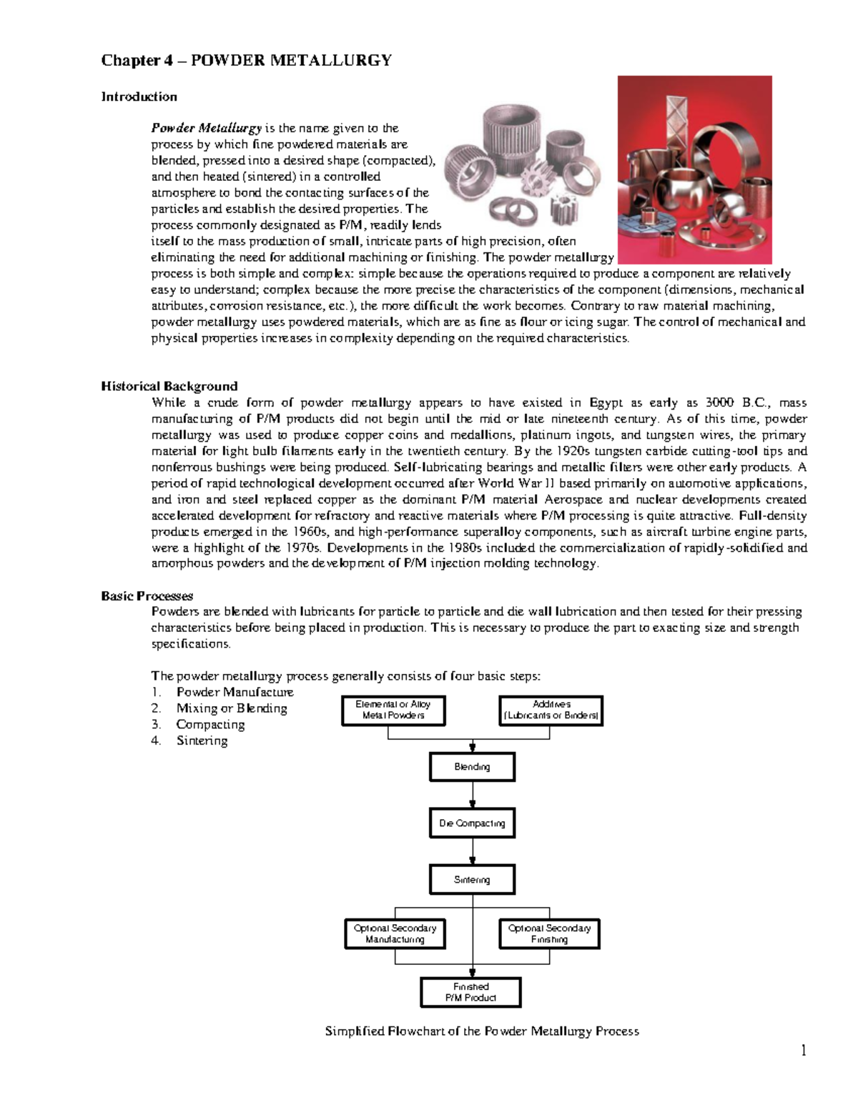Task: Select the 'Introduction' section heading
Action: point(139,96)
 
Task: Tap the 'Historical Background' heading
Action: point(169,386)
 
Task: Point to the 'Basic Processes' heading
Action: point(147,595)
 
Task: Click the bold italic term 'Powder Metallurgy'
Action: point(206,129)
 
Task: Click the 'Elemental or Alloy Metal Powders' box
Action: point(393,710)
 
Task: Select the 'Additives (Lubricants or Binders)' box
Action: point(551,710)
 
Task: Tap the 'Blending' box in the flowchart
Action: point(472,767)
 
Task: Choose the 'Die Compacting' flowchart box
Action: point(472,823)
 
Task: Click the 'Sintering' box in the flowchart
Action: point(472,880)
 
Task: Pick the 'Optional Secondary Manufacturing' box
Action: point(395,934)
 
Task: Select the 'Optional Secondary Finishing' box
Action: point(549,934)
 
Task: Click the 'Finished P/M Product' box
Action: point(470,992)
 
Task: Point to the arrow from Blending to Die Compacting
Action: point(472,796)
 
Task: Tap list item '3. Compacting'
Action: point(210,724)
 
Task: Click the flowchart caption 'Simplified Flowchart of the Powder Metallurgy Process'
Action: point(482,1031)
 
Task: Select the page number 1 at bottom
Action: point(803,1050)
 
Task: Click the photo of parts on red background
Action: point(694,170)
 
